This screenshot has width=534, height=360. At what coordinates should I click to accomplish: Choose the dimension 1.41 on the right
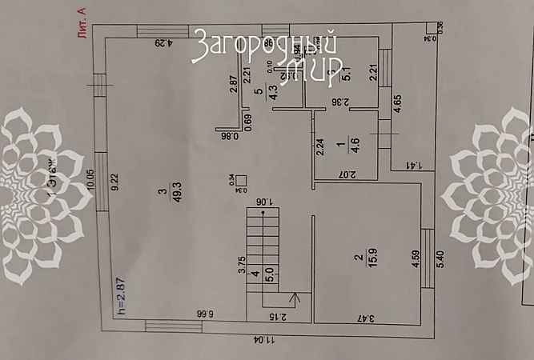tap(416, 166)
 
